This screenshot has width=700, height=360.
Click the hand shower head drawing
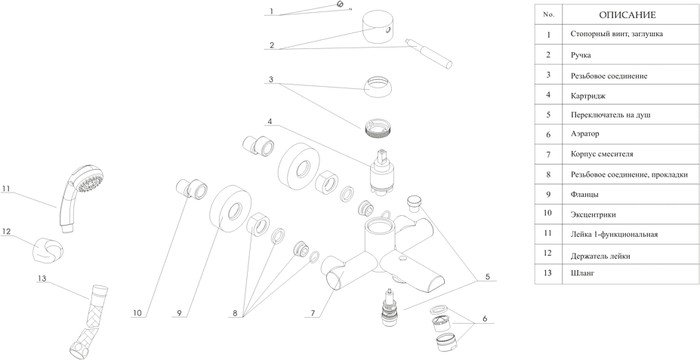point(79,197)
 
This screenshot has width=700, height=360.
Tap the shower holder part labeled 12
point(47,249)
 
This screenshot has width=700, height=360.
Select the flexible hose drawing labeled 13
point(89,322)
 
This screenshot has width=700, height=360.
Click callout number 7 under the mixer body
point(313,313)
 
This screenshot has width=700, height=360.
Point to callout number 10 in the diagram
point(137,313)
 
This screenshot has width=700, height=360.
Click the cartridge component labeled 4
point(382,174)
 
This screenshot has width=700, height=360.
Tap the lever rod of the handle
point(429,54)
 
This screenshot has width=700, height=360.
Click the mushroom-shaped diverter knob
point(416,201)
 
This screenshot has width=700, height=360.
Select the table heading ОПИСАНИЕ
point(627,15)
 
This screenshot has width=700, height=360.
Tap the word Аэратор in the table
point(585,134)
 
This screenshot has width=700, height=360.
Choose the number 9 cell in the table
point(548,194)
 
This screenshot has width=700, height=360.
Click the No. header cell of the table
point(548,14)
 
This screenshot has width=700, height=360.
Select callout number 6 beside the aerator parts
point(485,319)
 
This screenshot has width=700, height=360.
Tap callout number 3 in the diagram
point(271,80)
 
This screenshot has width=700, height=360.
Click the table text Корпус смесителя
point(602,154)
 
